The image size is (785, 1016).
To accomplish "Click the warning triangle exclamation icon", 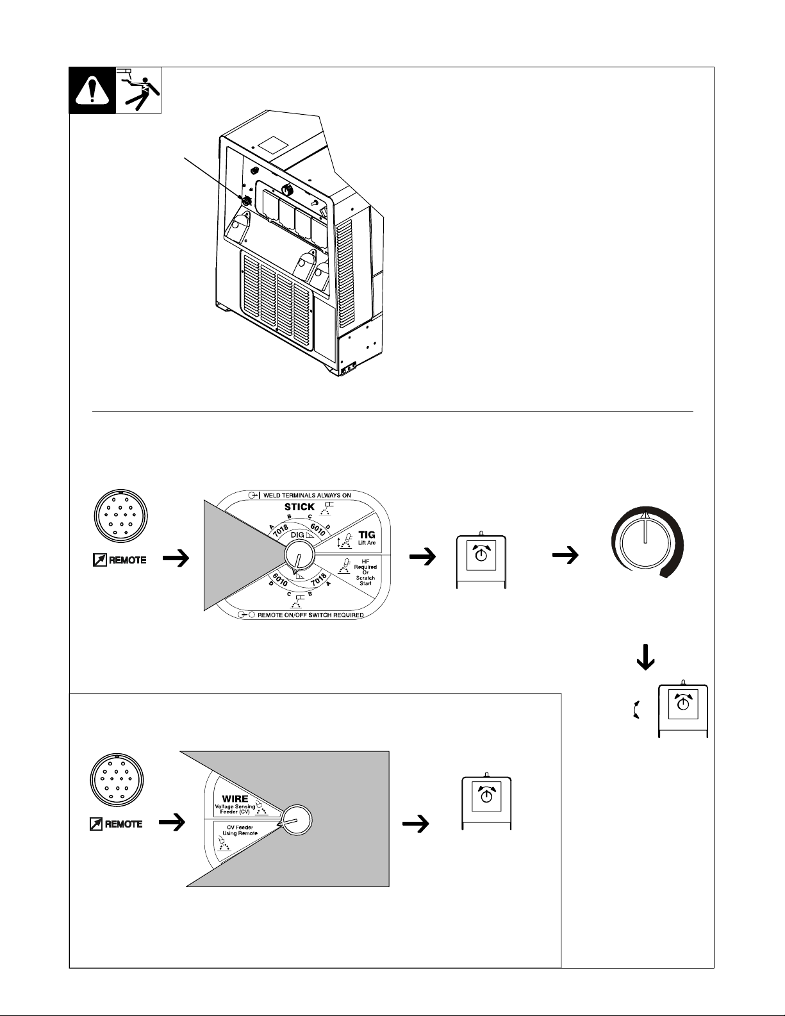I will click(92, 90).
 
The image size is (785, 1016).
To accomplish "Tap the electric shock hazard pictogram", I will click(138, 90).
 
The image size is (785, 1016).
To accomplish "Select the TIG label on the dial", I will click(367, 534).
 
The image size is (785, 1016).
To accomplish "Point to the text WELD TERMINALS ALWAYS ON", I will click(304, 496).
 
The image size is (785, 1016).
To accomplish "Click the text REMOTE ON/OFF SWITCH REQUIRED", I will click(305, 615).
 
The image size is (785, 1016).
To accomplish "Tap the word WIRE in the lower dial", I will click(235, 799).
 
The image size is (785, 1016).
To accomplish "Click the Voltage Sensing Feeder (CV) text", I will click(235, 810).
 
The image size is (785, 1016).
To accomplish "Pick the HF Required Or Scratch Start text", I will click(366, 572).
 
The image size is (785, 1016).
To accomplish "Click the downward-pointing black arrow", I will click(645, 658).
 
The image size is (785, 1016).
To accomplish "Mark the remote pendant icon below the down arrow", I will click(683, 710).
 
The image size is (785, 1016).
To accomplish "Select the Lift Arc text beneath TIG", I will click(366, 543).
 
